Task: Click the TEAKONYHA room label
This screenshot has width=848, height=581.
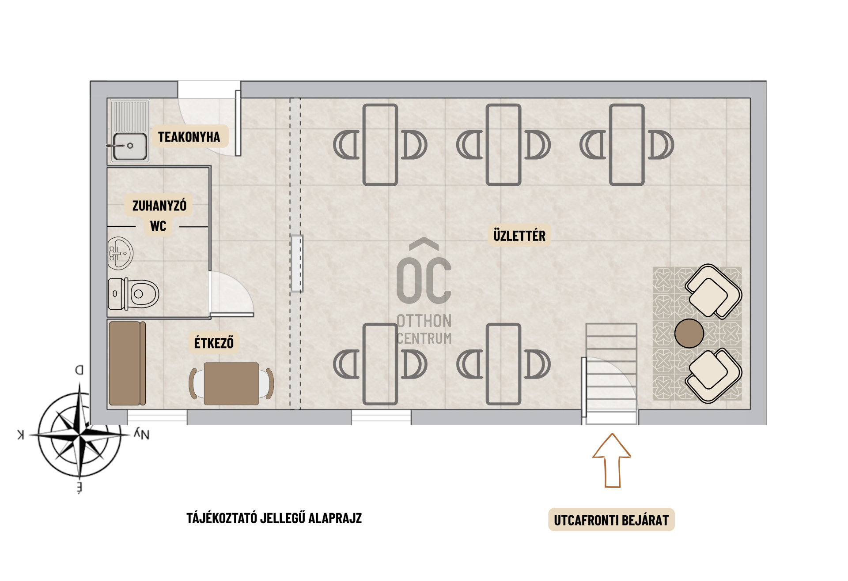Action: (x=189, y=137)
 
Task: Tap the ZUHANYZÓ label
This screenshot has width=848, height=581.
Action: (x=159, y=206)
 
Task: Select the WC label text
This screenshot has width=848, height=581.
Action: (x=158, y=226)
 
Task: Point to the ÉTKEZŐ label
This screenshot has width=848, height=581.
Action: (x=214, y=343)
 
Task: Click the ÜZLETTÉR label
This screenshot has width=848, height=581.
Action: (x=519, y=236)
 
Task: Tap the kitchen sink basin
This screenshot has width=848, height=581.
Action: (x=130, y=146)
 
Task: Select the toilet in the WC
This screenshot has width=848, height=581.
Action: (x=133, y=294)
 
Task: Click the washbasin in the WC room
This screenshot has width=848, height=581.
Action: (x=120, y=253)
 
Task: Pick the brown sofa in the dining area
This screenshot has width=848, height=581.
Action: (x=127, y=363)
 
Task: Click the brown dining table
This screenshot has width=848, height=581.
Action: (x=231, y=384)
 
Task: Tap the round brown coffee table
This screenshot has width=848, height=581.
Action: (x=689, y=334)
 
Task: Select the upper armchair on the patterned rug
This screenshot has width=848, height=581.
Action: (x=713, y=291)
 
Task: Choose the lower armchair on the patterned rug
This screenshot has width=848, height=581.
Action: (x=713, y=375)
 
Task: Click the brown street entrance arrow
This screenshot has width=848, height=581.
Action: (x=612, y=461)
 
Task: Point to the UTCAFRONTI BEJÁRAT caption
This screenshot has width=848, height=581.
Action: (x=611, y=521)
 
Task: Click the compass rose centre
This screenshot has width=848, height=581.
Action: (x=79, y=435)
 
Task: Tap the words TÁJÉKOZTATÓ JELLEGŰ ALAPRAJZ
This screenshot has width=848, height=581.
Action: (x=274, y=518)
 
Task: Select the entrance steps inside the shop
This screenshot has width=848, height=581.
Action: (x=611, y=374)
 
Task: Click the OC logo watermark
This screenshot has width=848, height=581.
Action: (x=424, y=291)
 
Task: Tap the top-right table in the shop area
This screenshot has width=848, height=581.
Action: (x=627, y=145)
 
